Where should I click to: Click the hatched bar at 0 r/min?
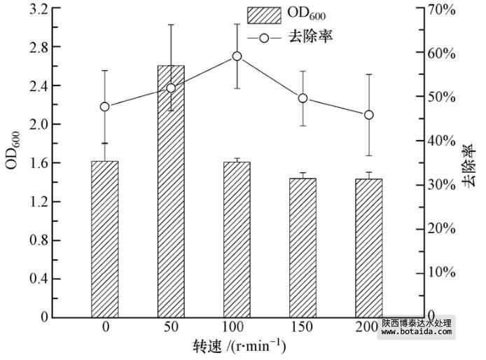pos(105,239)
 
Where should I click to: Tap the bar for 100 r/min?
pos(237,239)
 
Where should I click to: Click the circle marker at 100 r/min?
pos(237,57)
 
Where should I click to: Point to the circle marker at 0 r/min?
pos(105,106)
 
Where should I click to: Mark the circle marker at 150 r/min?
pos(303,98)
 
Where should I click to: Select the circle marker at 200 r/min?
pos(368,115)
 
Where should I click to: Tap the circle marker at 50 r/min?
pos(171,88)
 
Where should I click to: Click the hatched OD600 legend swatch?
pos(263,15)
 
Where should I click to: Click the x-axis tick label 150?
pos(303,328)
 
